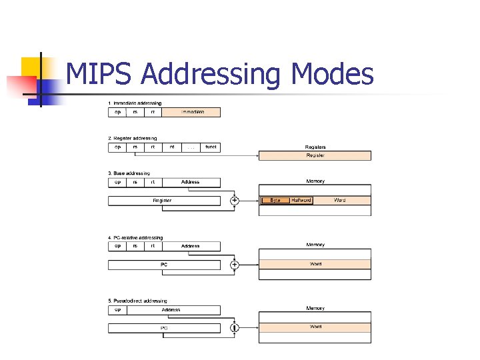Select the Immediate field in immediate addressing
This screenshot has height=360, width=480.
192,112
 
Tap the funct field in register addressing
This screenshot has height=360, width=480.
211,147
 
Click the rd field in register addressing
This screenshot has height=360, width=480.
171,147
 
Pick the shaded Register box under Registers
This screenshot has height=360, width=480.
315,155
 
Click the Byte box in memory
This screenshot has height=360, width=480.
275,200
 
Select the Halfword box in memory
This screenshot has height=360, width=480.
301,200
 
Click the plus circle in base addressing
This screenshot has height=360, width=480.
235,200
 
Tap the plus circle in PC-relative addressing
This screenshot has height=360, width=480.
235,265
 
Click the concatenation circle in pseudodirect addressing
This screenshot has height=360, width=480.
235,327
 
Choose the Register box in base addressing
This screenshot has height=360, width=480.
163,200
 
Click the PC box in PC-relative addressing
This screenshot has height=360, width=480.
164,265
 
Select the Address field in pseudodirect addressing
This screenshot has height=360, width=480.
171,309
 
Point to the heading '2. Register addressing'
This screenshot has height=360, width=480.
133,138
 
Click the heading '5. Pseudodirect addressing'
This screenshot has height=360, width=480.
138,301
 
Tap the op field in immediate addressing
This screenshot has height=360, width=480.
118,112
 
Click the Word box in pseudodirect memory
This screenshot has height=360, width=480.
315,327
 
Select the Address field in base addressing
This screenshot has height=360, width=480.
191,181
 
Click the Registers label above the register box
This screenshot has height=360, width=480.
315,147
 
